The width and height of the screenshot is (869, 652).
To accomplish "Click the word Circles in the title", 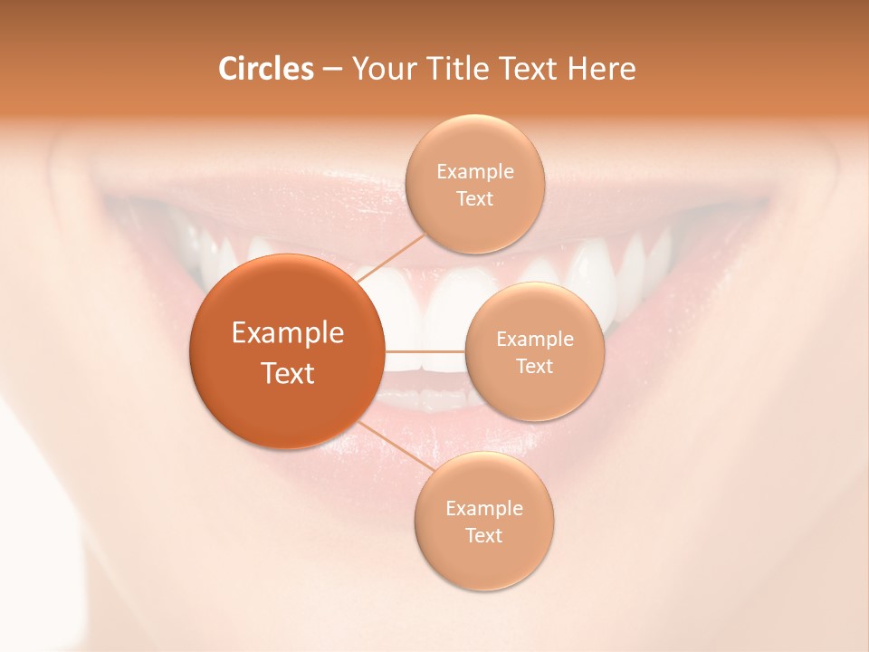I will click(266, 69).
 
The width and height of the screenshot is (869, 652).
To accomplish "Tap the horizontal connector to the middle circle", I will click(425, 350).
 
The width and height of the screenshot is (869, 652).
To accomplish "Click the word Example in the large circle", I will click(288, 333).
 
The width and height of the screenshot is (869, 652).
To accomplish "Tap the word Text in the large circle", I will click(288, 373).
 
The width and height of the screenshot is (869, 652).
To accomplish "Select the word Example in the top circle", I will click(475, 172).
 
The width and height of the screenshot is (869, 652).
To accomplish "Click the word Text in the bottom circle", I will click(484, 535).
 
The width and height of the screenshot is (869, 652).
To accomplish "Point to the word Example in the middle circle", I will click(535, 340).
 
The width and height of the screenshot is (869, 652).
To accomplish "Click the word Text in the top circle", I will click(474, 199).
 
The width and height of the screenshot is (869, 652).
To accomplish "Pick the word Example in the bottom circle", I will click(484, 509).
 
